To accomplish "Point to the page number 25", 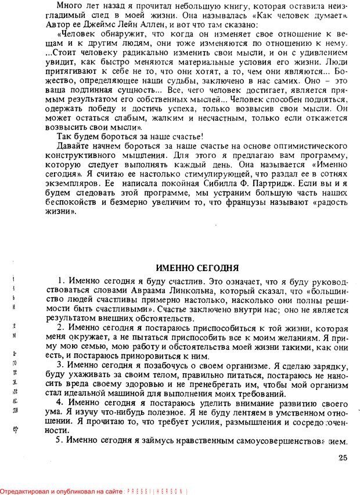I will pos(343,458).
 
